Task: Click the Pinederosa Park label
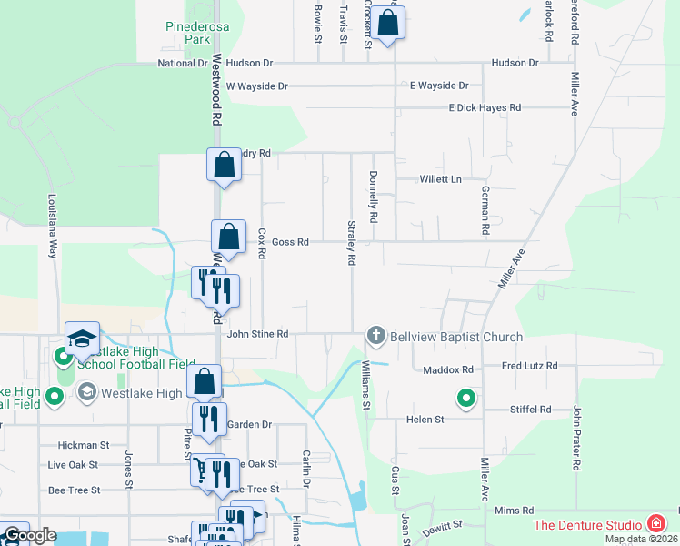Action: [189, 34]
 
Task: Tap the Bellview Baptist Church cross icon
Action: [375, 337]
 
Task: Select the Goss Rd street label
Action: [290, 242]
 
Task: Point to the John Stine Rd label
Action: [257, 335]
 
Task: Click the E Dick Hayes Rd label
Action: [485, 108]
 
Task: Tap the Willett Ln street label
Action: [441, 179]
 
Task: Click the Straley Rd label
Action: [351, 242]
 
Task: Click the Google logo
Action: [30, 535]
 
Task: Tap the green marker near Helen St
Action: [466, 398]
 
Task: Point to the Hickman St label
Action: [83, 446]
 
